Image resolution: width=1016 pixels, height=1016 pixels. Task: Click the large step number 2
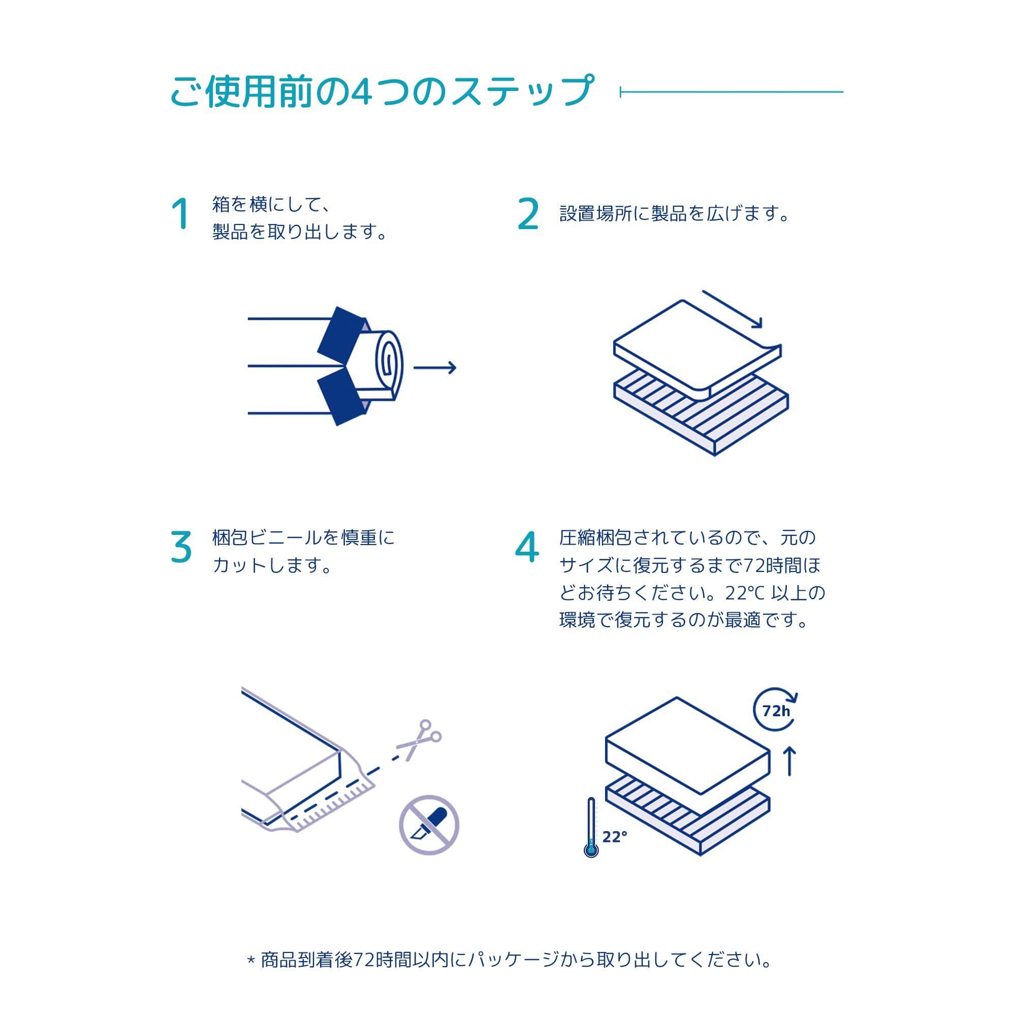(528, 214)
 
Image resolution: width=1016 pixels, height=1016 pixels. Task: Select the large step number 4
(527, 547)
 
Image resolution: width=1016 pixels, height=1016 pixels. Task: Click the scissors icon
(420, 739)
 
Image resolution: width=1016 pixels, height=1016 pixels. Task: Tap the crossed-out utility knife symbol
(429, 825)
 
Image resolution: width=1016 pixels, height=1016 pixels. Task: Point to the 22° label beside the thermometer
(615, 837)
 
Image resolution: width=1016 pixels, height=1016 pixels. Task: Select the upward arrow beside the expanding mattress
(790, 762)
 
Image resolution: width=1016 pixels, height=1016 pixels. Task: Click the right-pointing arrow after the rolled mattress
(434, 368)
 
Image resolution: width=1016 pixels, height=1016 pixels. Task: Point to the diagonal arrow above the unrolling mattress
(732, 309)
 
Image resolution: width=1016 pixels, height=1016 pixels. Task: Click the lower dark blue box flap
(341, 400)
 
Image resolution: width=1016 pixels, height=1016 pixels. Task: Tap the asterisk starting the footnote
(251, 960)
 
